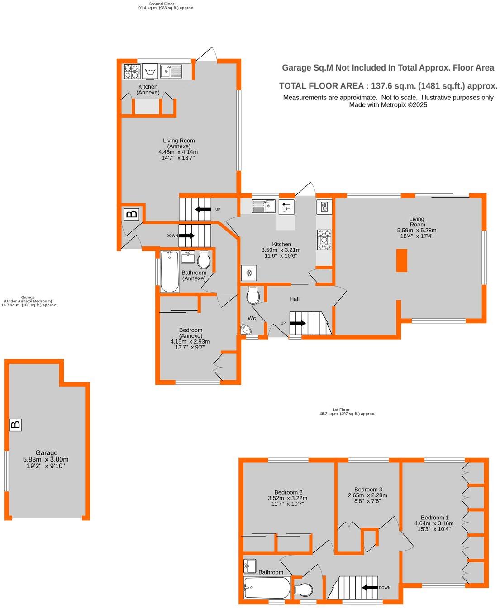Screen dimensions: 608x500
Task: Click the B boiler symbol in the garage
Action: [15, 424]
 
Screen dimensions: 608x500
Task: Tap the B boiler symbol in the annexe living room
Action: [132, 214]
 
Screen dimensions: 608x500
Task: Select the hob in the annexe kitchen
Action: [132, 71]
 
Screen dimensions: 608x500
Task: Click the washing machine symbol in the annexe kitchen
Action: [150, 71]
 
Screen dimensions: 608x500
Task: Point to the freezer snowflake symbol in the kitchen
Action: [249, 273]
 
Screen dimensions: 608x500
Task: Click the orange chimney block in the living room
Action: [401, 260]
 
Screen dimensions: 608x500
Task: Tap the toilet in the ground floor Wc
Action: [253, 296]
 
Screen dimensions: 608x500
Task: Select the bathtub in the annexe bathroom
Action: [169, 272]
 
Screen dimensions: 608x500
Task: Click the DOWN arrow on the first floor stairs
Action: [370, 588]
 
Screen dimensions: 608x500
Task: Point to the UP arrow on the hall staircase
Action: [297, 323]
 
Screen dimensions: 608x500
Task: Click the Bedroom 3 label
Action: [368, 489]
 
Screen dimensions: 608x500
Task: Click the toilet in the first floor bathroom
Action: [304, 590]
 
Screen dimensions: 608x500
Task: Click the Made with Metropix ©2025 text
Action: [388, 105]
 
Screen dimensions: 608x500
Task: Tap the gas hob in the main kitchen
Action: [324, 240]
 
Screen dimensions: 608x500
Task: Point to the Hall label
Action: [294, 299]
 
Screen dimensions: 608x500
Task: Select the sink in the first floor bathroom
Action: [250, 565]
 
